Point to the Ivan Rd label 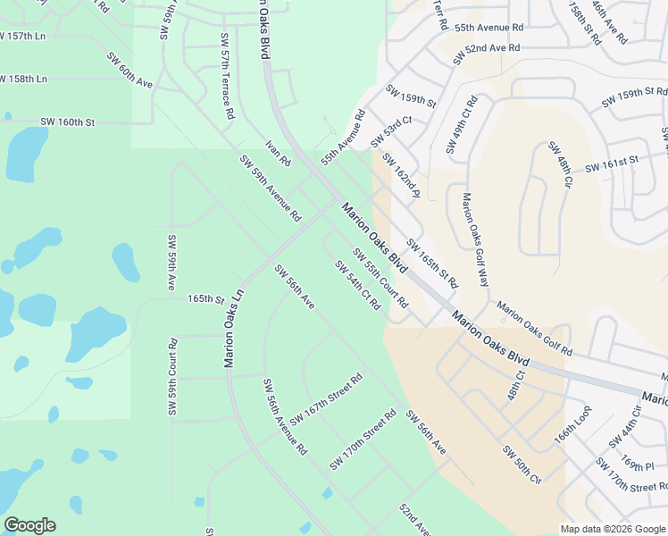[279, 154]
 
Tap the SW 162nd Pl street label [400, 176]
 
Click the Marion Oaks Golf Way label [475, 239]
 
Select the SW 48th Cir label [560, 164]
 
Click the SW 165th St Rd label [432, 263]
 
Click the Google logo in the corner [29, 525]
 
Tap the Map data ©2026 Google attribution [611, 529]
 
